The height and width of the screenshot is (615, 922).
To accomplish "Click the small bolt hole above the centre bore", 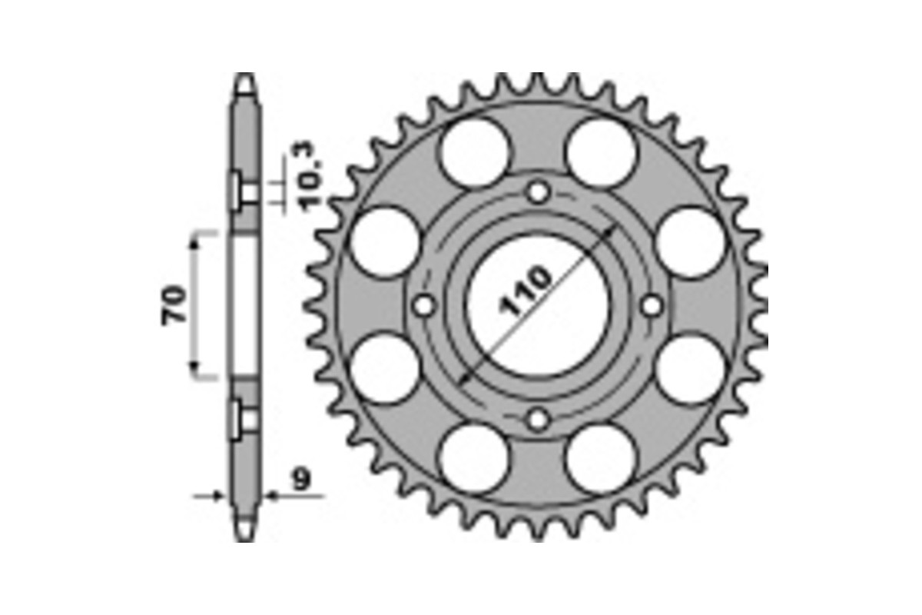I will pyautogui.click(x=539, y=191).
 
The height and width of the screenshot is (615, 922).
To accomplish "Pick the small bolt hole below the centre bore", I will pyautogui.click(x=539, y=420).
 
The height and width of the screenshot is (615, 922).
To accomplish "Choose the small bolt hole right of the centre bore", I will pyautogui.click(x=652, y=306).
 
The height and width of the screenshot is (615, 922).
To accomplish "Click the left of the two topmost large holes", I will pyautogui.click(x=476, y=153).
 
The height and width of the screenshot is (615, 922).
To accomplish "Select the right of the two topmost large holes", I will pyautogui.click(x=602, y=153).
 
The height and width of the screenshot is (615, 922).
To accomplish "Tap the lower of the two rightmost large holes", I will pyautogui.click(x=691, y=370).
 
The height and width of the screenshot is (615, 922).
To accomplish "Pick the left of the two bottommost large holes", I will pyautogui.click(x=476, y=459).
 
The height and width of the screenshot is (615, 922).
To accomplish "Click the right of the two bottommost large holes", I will pyautogui.click(x=602, y=459).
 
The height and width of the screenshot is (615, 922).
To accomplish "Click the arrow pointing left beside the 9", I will pyautogui.click(x=273, y=497).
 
